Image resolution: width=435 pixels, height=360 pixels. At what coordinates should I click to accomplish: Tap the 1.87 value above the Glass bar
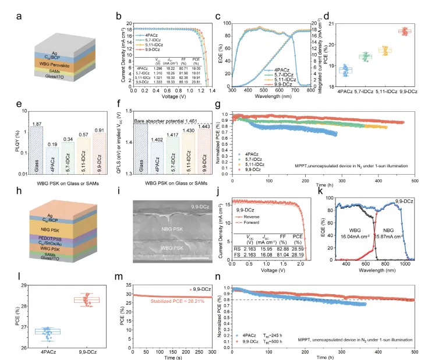[20, 124]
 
